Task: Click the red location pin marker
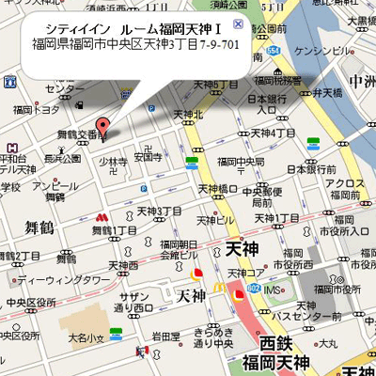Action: click(x=102, y=128)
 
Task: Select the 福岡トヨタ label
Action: click(x=36, y=110)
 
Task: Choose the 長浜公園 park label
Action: click(x=62, y=159)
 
